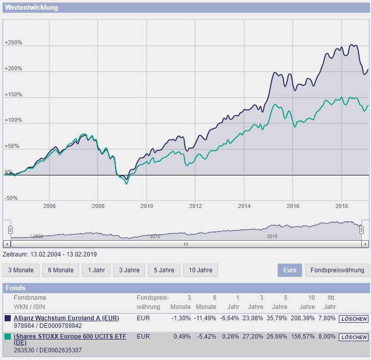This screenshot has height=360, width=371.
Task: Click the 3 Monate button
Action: pos(21,270)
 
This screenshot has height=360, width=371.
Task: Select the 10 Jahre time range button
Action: pos(201,270)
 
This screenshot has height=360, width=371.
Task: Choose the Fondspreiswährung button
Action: pos(337,270)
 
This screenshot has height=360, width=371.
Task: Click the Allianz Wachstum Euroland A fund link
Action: pos(66,318)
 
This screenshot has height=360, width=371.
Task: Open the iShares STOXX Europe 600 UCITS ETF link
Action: pos(69,337)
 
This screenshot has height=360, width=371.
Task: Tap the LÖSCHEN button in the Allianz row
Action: pos(354,319)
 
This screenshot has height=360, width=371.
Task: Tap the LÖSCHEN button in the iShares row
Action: pos(354,337)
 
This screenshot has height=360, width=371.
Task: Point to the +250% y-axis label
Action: pos(13,43)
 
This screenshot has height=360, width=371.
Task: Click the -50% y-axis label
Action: pos(11,198)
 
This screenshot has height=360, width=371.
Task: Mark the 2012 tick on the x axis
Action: pos(195,206)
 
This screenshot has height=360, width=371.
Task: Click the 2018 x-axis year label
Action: pos(342,206)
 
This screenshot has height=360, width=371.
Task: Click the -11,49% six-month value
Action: pos(205,318)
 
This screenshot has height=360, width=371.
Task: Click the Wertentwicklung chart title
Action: pos(32,8)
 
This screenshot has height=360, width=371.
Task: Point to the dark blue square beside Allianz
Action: pos(8,318)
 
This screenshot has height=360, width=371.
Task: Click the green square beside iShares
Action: pos(8,337)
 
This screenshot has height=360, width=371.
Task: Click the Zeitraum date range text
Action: pos(50,254)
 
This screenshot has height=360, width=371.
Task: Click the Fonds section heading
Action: pos(15,288)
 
